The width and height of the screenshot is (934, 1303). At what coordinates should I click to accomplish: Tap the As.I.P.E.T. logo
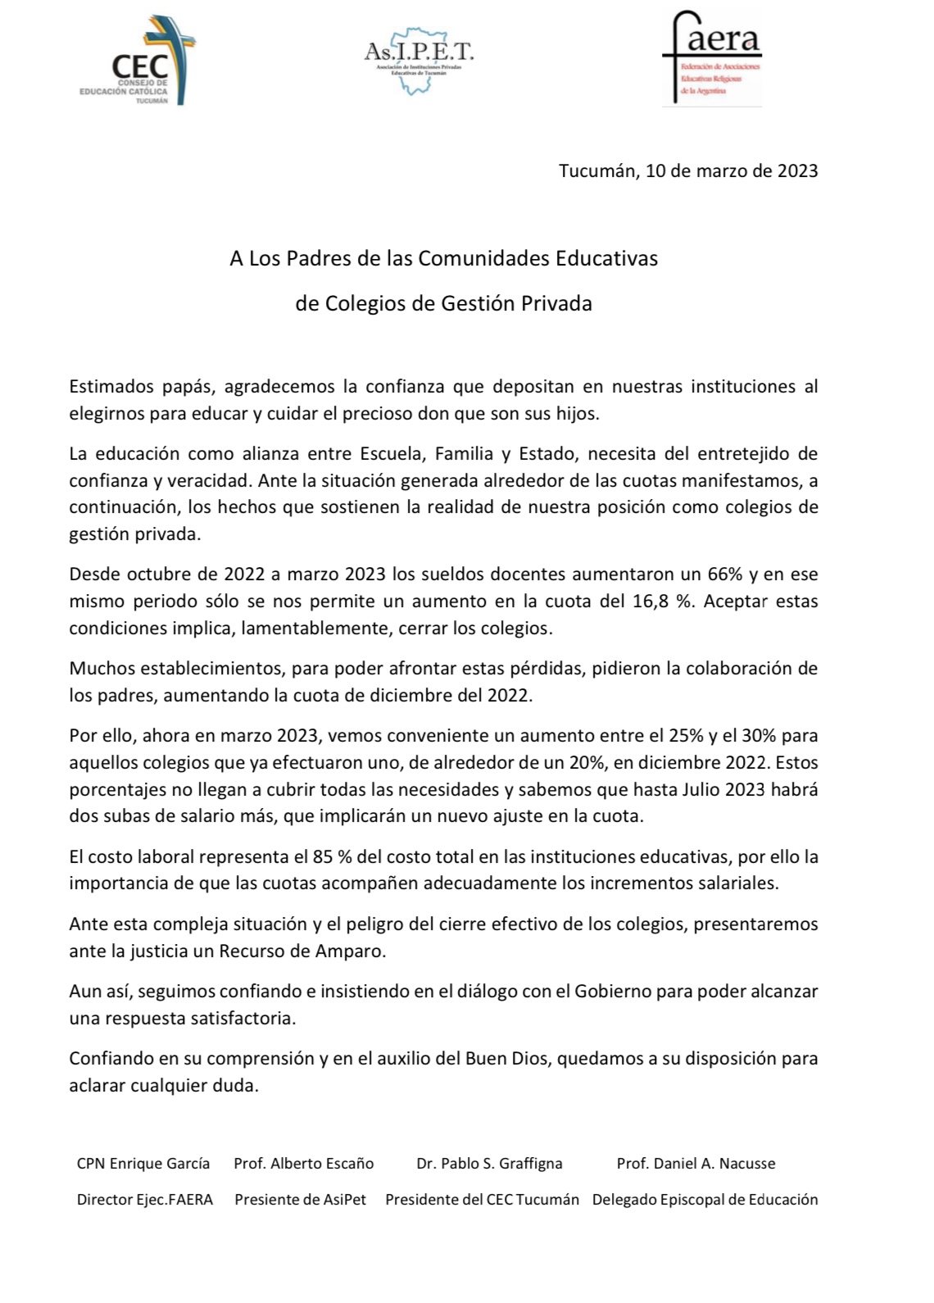419,59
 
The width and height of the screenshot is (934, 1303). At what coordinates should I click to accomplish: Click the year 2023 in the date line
797,170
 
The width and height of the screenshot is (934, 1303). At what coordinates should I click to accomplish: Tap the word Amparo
356,951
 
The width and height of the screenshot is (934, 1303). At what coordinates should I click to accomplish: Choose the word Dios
533,1059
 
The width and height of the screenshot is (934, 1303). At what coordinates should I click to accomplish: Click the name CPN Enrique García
143,1164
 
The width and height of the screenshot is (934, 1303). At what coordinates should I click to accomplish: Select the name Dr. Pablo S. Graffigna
489,1164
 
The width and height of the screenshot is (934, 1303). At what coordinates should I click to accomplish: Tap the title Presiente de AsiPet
300,1200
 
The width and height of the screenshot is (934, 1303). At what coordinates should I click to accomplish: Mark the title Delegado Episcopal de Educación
705,1200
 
